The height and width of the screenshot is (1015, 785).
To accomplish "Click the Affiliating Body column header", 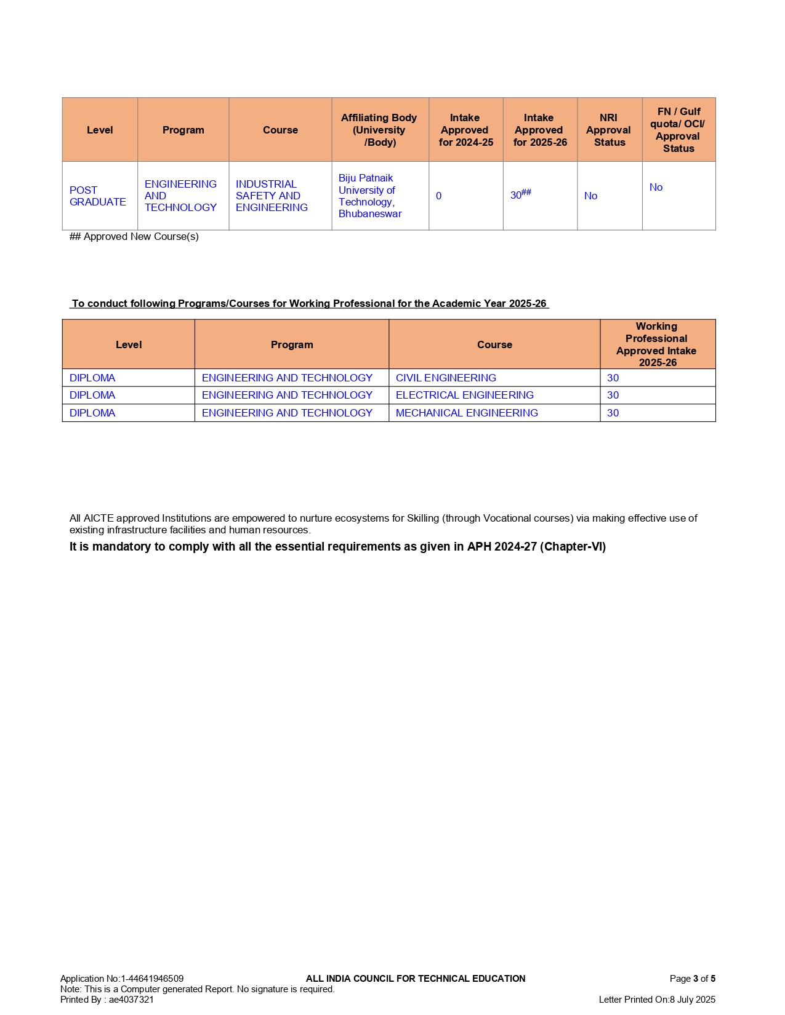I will (x=379, y=130).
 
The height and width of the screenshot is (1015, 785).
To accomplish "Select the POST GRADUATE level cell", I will (x=97, y=196).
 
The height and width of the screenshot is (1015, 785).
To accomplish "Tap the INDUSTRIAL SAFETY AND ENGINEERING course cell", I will (x=272, y=196).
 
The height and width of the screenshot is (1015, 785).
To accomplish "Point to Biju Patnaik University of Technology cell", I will (x=369, y=196).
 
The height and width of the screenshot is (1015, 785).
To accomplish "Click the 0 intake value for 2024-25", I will (x=438, y=196).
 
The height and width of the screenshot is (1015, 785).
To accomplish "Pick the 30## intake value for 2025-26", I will (x=520, y=195).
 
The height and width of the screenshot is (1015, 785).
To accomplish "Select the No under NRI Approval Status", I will (x=590, y=196).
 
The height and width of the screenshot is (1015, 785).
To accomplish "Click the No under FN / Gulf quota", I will (x=656, y=188).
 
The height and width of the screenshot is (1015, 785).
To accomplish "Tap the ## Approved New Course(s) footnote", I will (x=134, y=237).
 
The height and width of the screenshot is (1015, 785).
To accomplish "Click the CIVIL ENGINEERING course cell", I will (x=446, y=378).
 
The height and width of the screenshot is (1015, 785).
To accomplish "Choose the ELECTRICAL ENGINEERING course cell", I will (x=464, y=395).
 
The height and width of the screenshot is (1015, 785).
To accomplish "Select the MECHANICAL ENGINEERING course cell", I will (x=467, y=413).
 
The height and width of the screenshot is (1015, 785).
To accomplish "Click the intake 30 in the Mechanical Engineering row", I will (x=613, y=413).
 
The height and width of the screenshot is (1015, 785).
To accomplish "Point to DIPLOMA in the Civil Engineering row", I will (x=92, y=378).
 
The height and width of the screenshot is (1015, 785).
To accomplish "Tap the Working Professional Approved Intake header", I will (x=657, y=344).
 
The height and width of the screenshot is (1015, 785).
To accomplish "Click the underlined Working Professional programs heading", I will (x=309, y=303).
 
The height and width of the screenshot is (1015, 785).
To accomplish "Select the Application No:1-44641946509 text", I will (x=122, y=979).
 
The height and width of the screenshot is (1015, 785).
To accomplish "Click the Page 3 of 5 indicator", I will (x=692, y=979).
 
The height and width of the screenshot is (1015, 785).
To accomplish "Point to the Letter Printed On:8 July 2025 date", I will (x=657, y=1000).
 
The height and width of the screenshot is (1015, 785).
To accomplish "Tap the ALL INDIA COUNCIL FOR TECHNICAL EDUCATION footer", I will (x=416, y=979).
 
